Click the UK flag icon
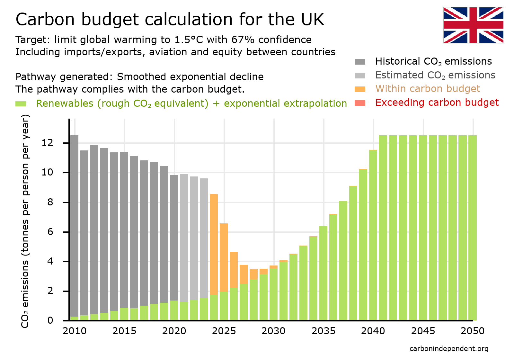[473, 25]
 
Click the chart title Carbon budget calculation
[170, 19]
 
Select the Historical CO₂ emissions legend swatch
[360, 62]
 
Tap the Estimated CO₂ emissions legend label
[435, 75]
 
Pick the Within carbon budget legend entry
[428, 89]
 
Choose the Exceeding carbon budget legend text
[437, 103]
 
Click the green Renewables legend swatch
[21, 104]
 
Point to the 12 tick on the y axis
[47, 143]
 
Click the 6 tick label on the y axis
[50, 232]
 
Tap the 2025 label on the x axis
[224, 331]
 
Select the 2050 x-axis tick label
[472, 331]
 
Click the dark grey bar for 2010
[74, 225]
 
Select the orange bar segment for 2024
[214, 244]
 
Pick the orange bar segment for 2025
[224, 257]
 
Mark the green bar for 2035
[323, 273]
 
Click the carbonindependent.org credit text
[449, 349]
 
